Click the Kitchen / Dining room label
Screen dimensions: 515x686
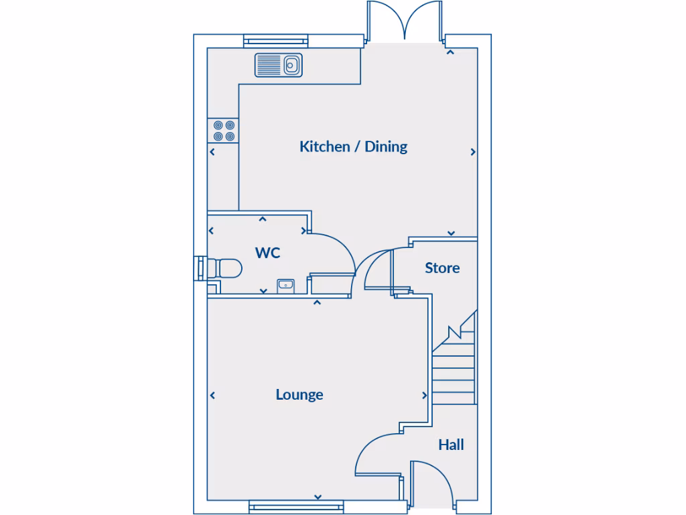pos(353,146)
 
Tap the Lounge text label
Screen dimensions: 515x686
pos(299,394)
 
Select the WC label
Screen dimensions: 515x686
pos(267,253)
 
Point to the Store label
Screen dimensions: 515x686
pos(442,268)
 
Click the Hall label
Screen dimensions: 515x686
pos(451,445)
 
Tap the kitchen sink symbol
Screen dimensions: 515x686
pos(279,65)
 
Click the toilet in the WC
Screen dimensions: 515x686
pos(224,268)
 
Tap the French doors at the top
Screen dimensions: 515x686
pos(405,21)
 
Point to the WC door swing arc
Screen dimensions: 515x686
pos(335,251)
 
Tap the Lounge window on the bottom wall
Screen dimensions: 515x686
pos(295,508)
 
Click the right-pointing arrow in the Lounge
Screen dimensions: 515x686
pos(424,396)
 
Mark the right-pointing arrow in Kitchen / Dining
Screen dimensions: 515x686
pos(473,152)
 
